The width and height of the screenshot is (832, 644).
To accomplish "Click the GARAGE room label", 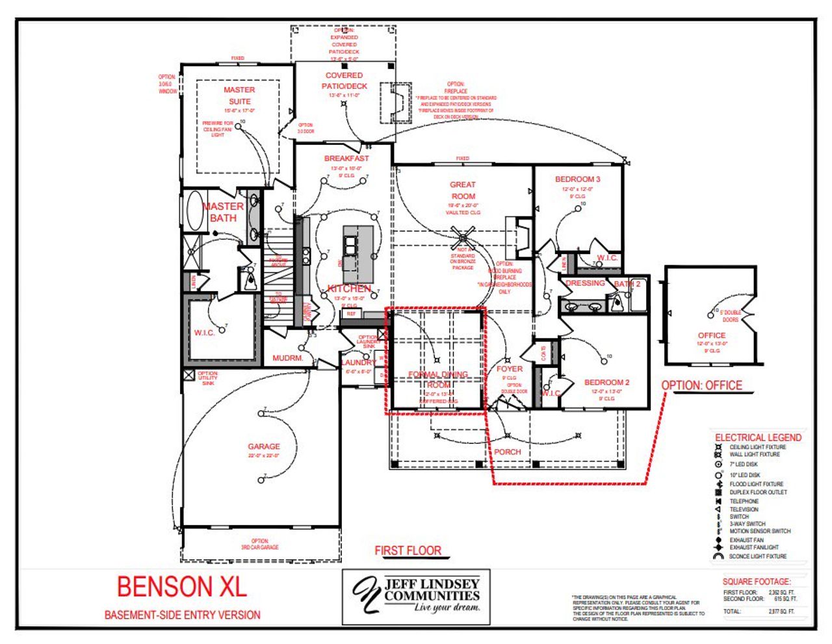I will (x=264, y=446).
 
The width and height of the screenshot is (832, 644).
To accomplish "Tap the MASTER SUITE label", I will (x=239, y=96).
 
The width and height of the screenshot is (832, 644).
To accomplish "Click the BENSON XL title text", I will (x=182, y=587).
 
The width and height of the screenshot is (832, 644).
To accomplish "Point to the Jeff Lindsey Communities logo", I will (x=416, y=597).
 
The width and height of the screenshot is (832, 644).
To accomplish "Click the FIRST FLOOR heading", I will (x=408, y=550).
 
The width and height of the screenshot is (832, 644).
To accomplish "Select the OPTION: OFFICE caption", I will (x=701, y=385).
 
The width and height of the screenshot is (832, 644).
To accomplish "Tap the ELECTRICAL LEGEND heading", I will (x=758, y=437).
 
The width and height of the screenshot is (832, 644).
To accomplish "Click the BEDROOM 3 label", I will (x=577, y=179).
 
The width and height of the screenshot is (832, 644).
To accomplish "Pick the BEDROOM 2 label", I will (x=606, y=383).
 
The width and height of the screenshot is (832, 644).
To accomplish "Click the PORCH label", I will (x=507, y=452).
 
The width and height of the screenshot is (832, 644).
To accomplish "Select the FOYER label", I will (x=509, y=368).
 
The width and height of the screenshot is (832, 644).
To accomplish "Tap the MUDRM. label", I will (x=288, y=358).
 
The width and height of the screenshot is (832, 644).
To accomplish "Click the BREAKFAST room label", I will (x=346, y=159).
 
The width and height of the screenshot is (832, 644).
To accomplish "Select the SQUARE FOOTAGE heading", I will (x=757, y=582).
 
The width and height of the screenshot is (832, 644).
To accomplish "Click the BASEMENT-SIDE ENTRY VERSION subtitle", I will (x=182, y=615).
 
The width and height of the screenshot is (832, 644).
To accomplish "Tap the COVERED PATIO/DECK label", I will (x=344, y=81).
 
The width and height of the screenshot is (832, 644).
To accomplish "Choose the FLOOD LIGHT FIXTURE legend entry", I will (x=756, y=484).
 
